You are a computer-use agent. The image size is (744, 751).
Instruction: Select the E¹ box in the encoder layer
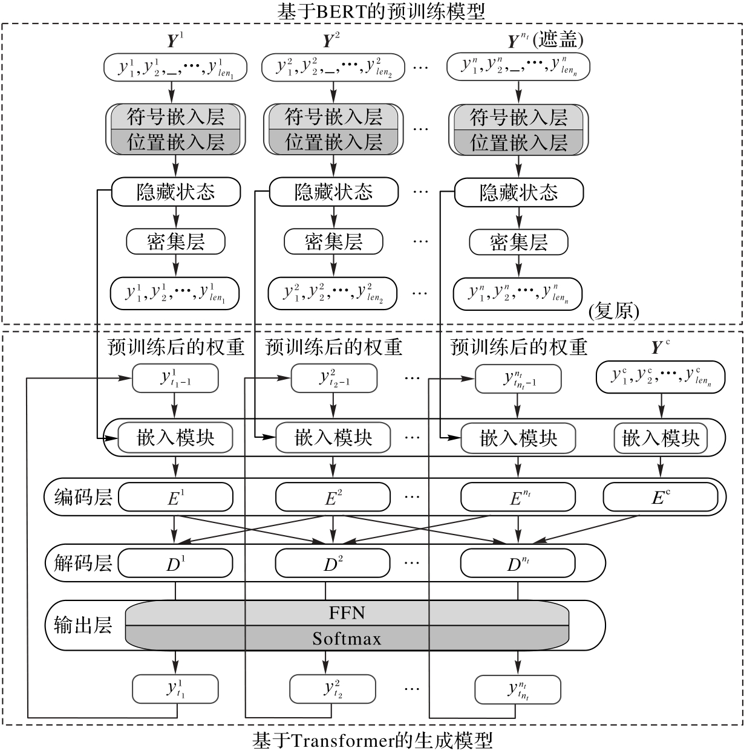click(x=175, y=498)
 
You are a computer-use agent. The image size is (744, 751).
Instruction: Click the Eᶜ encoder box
click(x=661, y=498)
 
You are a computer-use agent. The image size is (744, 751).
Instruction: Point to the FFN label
click(x=347, y=613)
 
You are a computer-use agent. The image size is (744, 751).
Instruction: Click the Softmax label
click(x=347, y=639)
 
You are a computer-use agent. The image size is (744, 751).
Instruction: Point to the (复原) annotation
click(x=613, y=311)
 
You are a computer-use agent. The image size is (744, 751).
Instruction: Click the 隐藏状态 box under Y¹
click(x=175, y=192)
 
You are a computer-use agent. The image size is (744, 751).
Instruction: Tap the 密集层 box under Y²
click(x=333, y=242)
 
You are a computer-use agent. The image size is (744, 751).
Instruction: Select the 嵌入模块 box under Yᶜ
click(x=661, y=438)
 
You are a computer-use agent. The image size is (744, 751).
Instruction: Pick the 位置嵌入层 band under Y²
click(x=333, y=143)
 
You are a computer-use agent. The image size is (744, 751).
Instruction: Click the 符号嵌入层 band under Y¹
click(x=175, y=117)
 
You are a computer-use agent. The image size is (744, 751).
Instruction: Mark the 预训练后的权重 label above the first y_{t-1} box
click(x=175, y=347)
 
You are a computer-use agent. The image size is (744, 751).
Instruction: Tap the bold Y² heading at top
click(x=330, y=40)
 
